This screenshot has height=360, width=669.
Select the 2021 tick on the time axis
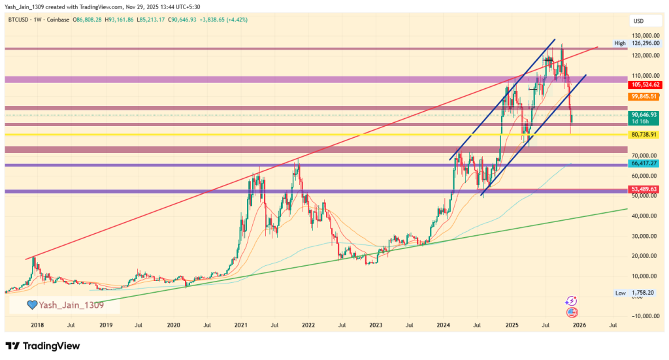point(240,324)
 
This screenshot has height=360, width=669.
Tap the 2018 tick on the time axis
point(37,324)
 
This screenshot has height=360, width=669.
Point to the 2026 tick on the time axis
point(579,324)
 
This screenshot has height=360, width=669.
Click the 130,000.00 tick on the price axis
point(644,35)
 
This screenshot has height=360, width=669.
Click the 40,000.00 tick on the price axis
point(644,216)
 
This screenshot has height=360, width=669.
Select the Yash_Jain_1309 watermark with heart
point(64,304)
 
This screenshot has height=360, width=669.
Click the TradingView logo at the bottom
point(43,346)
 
